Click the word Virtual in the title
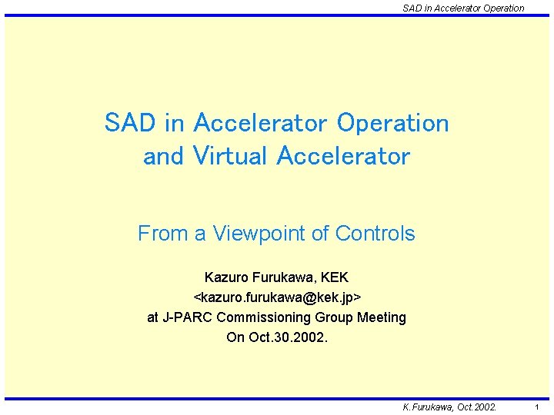pyautogui.click(x=231, y=156)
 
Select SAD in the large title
pyautogui.click(x=129, y=123)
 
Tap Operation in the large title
pyautogui.click(x=393, y=123)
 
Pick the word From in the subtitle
pyautogui.click(x=161, y=234)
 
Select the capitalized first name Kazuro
pyautogui.click(x=227, y=277)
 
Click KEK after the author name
pyautogui.click(x=334, y=277)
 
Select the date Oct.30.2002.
pyautogui.click(x=289, y=337)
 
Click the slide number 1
pyautogui.click(x=536, y=407)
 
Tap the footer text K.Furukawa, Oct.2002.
pyautogui.click(x=450, y=407)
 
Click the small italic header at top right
pyautogui.click(x=463, y=8)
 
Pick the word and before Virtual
pyautogui.click(x=163, y=156)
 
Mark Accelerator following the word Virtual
pyautogui.click(x=343, y=156)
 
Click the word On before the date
pyautogui.click(x=235, y=337)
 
